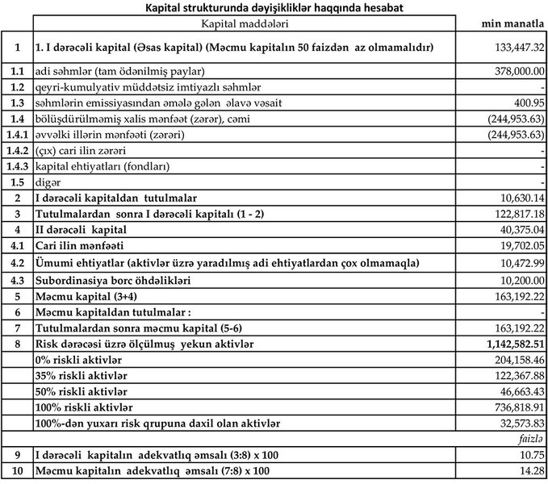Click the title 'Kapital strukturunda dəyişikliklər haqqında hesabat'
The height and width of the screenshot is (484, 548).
(x=274, y=7)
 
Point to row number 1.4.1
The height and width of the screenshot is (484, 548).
(x=16, y=135)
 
